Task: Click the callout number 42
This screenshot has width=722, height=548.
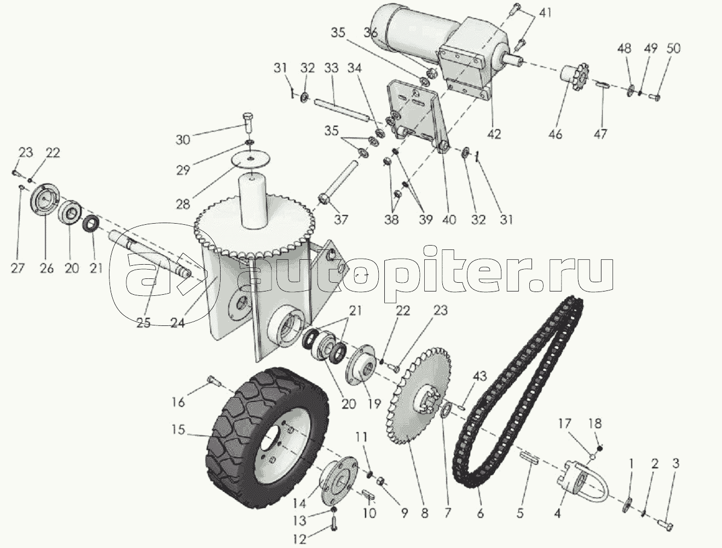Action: pyautogui.click(x=494, y=135)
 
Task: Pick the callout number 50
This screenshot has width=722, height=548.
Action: pyautogui.click(x=673, y=48)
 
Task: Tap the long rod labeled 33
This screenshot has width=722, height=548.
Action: pyautogui.click(x=340, y=110)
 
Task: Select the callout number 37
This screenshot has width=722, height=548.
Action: pyautogui.click(x=340, y=218)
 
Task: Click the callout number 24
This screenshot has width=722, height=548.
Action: pyautogui.click(x=177, y=323)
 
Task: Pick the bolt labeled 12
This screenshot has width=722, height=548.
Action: pyautogui.click(x=334, y=522)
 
